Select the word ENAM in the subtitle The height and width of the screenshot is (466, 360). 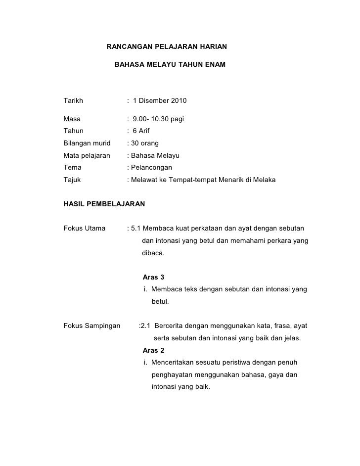point(214,65)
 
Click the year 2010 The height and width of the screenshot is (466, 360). point(179,101)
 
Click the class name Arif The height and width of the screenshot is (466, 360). point(144,131)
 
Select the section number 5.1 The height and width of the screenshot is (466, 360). point(136,229)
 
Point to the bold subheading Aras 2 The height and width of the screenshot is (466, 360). point(153,350)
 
